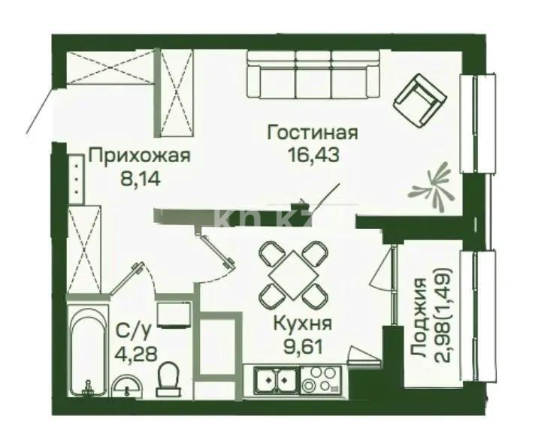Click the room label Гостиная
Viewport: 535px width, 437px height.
[x=313, y=135]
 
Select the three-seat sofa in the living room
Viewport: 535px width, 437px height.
[x=315, y=70]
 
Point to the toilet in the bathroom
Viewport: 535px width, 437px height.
[x=169, y=378]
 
